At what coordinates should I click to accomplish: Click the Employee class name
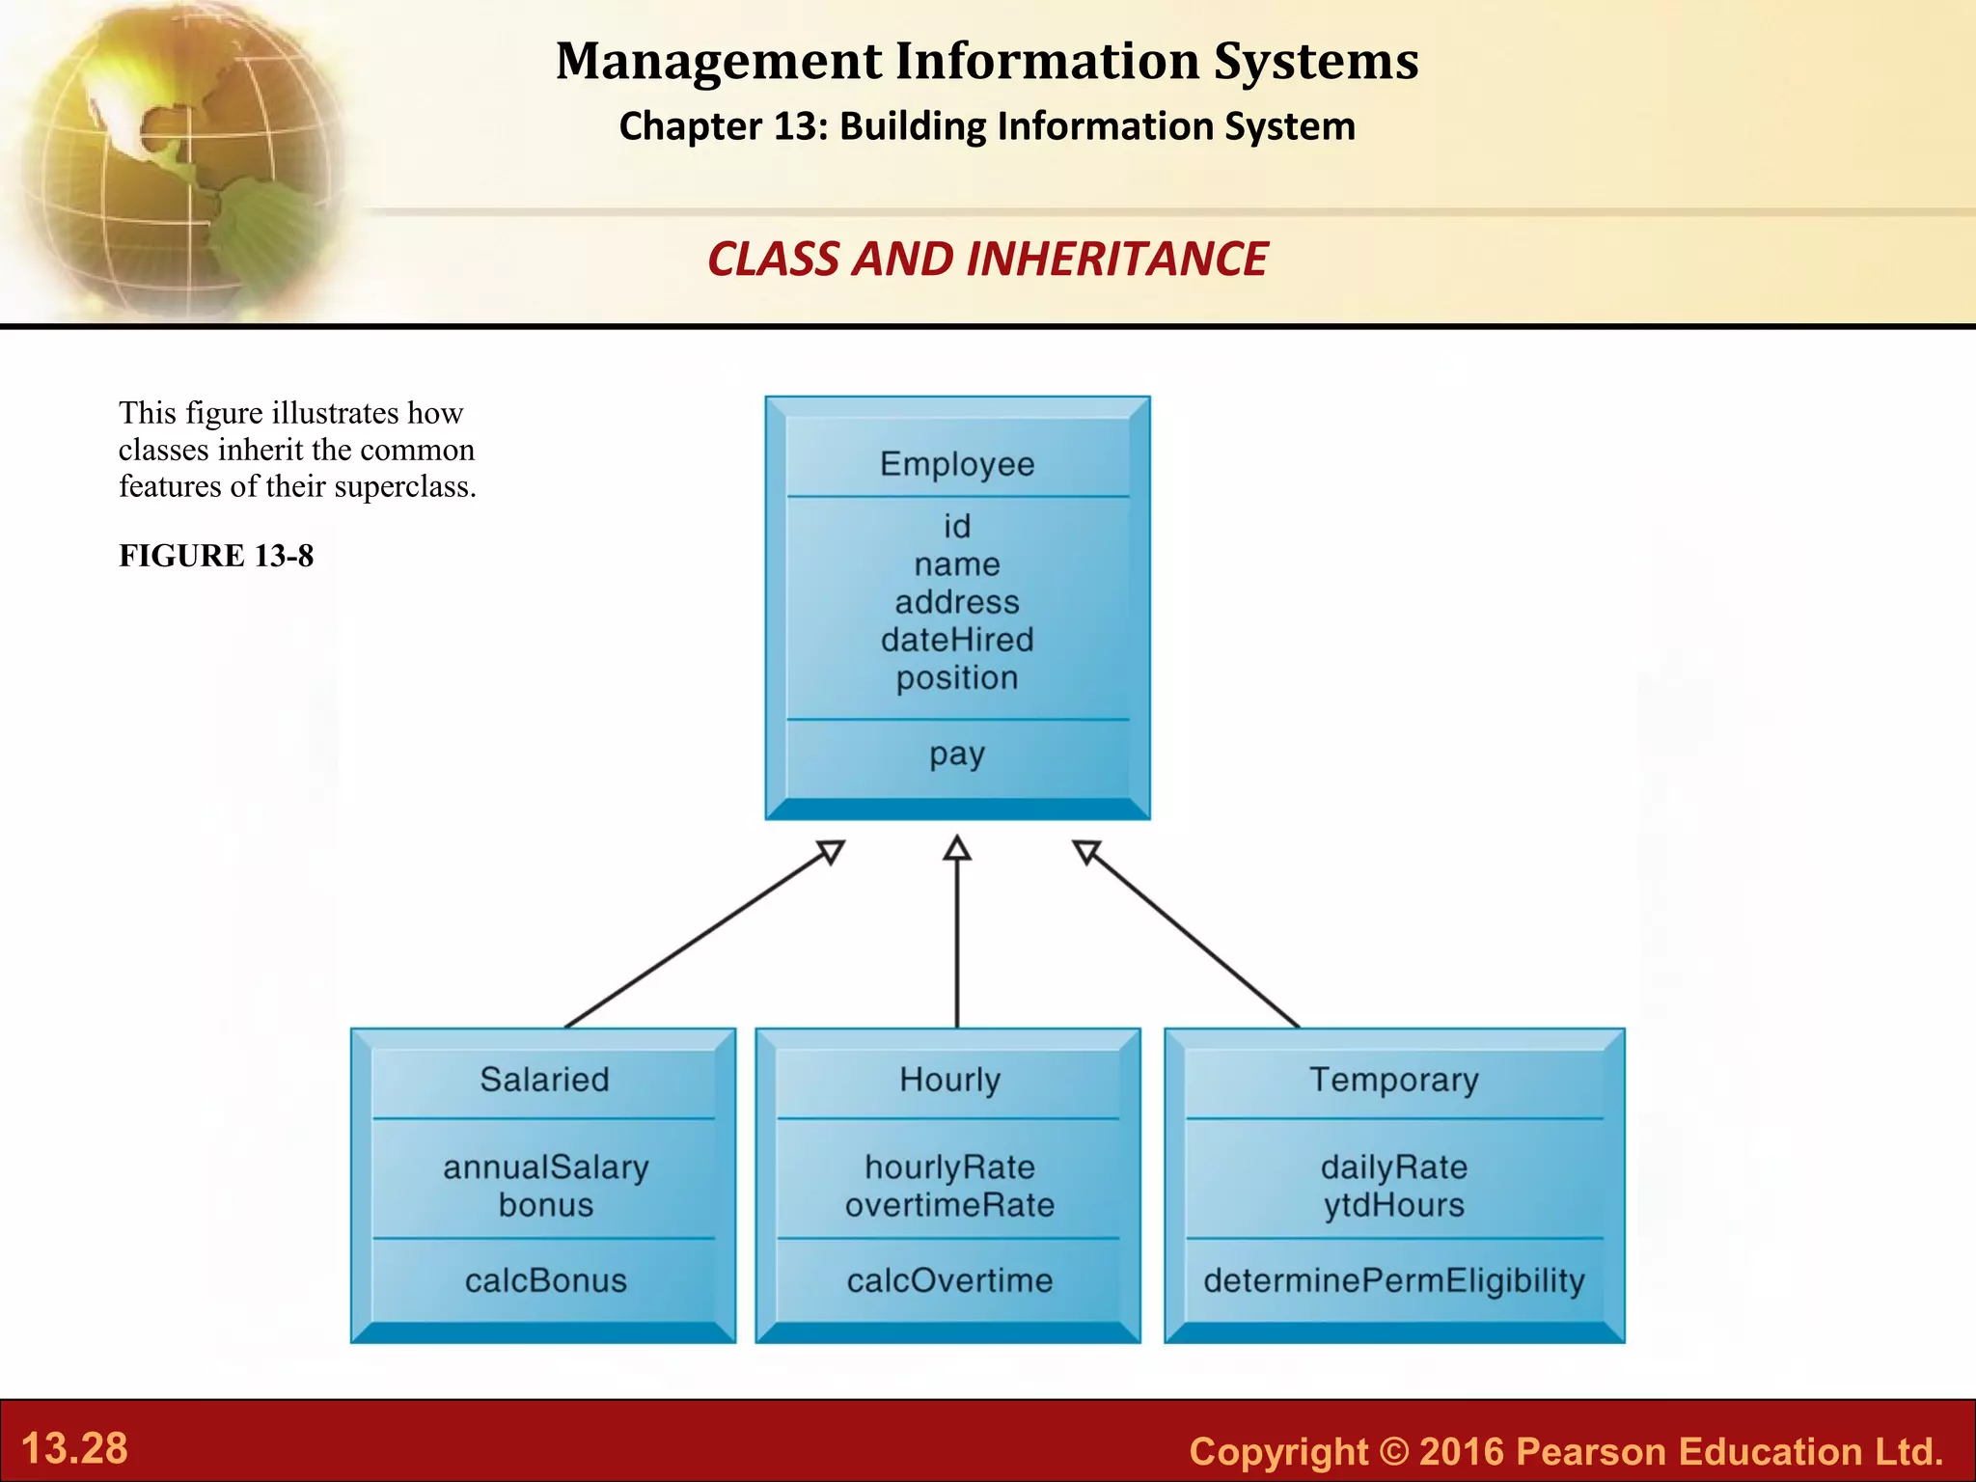956,464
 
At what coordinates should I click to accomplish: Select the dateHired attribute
956,640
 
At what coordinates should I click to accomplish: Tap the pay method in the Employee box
956,754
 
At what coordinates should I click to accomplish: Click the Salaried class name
544,1079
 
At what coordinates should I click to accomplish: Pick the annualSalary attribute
546,1167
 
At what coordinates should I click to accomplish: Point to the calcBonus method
546,1280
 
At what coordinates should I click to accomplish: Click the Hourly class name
949,1079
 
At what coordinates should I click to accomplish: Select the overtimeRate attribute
949,1205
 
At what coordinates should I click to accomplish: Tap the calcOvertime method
949,1280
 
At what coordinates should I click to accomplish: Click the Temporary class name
1393,1079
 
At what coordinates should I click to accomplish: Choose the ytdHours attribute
1393,1205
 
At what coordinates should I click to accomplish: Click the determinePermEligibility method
1393,1280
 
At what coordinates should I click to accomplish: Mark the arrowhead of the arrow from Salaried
831,851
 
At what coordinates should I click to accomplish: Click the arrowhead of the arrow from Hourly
956,848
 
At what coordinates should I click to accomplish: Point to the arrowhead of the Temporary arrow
1086,851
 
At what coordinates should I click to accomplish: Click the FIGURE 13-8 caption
216,556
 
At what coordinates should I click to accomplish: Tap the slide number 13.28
74,1448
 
